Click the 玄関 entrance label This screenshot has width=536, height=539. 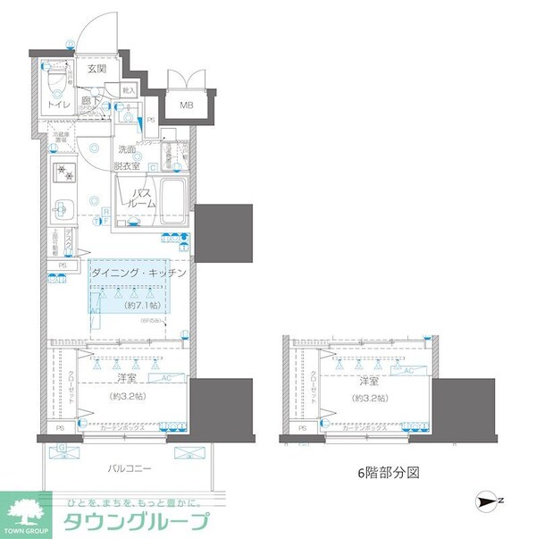pos(96,68)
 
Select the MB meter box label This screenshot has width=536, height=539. pos(187,105)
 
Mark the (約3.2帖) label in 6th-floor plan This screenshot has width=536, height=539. pos(367,398)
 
